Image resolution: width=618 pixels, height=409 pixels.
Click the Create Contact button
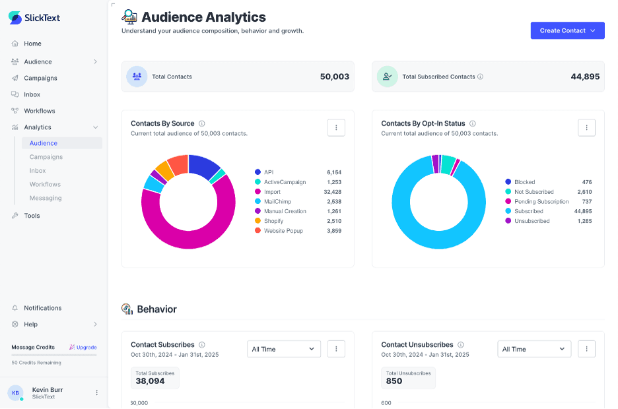[567, 30]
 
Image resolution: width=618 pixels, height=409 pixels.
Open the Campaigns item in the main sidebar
[40, 78]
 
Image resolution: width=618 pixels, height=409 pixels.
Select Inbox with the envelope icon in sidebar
[32, 94]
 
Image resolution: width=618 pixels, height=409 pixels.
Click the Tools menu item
[32, 216]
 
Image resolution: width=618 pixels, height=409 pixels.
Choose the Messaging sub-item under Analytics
[46, 198]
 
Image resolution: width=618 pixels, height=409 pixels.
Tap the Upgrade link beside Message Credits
[83, 347]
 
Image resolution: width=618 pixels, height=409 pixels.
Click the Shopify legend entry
[273, 221]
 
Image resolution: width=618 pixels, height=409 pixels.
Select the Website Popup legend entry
[283, 231]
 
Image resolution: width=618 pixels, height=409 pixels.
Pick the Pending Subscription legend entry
[541, 201]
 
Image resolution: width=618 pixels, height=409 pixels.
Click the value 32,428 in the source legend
[333, 192]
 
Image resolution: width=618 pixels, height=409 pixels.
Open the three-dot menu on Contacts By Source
[336, 127]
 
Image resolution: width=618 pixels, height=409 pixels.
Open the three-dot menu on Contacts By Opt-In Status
[586, 127]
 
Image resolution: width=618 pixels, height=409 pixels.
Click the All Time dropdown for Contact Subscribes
[283, 349]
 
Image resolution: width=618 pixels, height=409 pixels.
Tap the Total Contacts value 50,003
[334, 77]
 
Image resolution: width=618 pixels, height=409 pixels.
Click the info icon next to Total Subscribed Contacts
[480, 77]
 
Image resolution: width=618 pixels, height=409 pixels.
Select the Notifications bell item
[42, 308]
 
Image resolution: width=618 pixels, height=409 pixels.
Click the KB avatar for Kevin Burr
[15, 393]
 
